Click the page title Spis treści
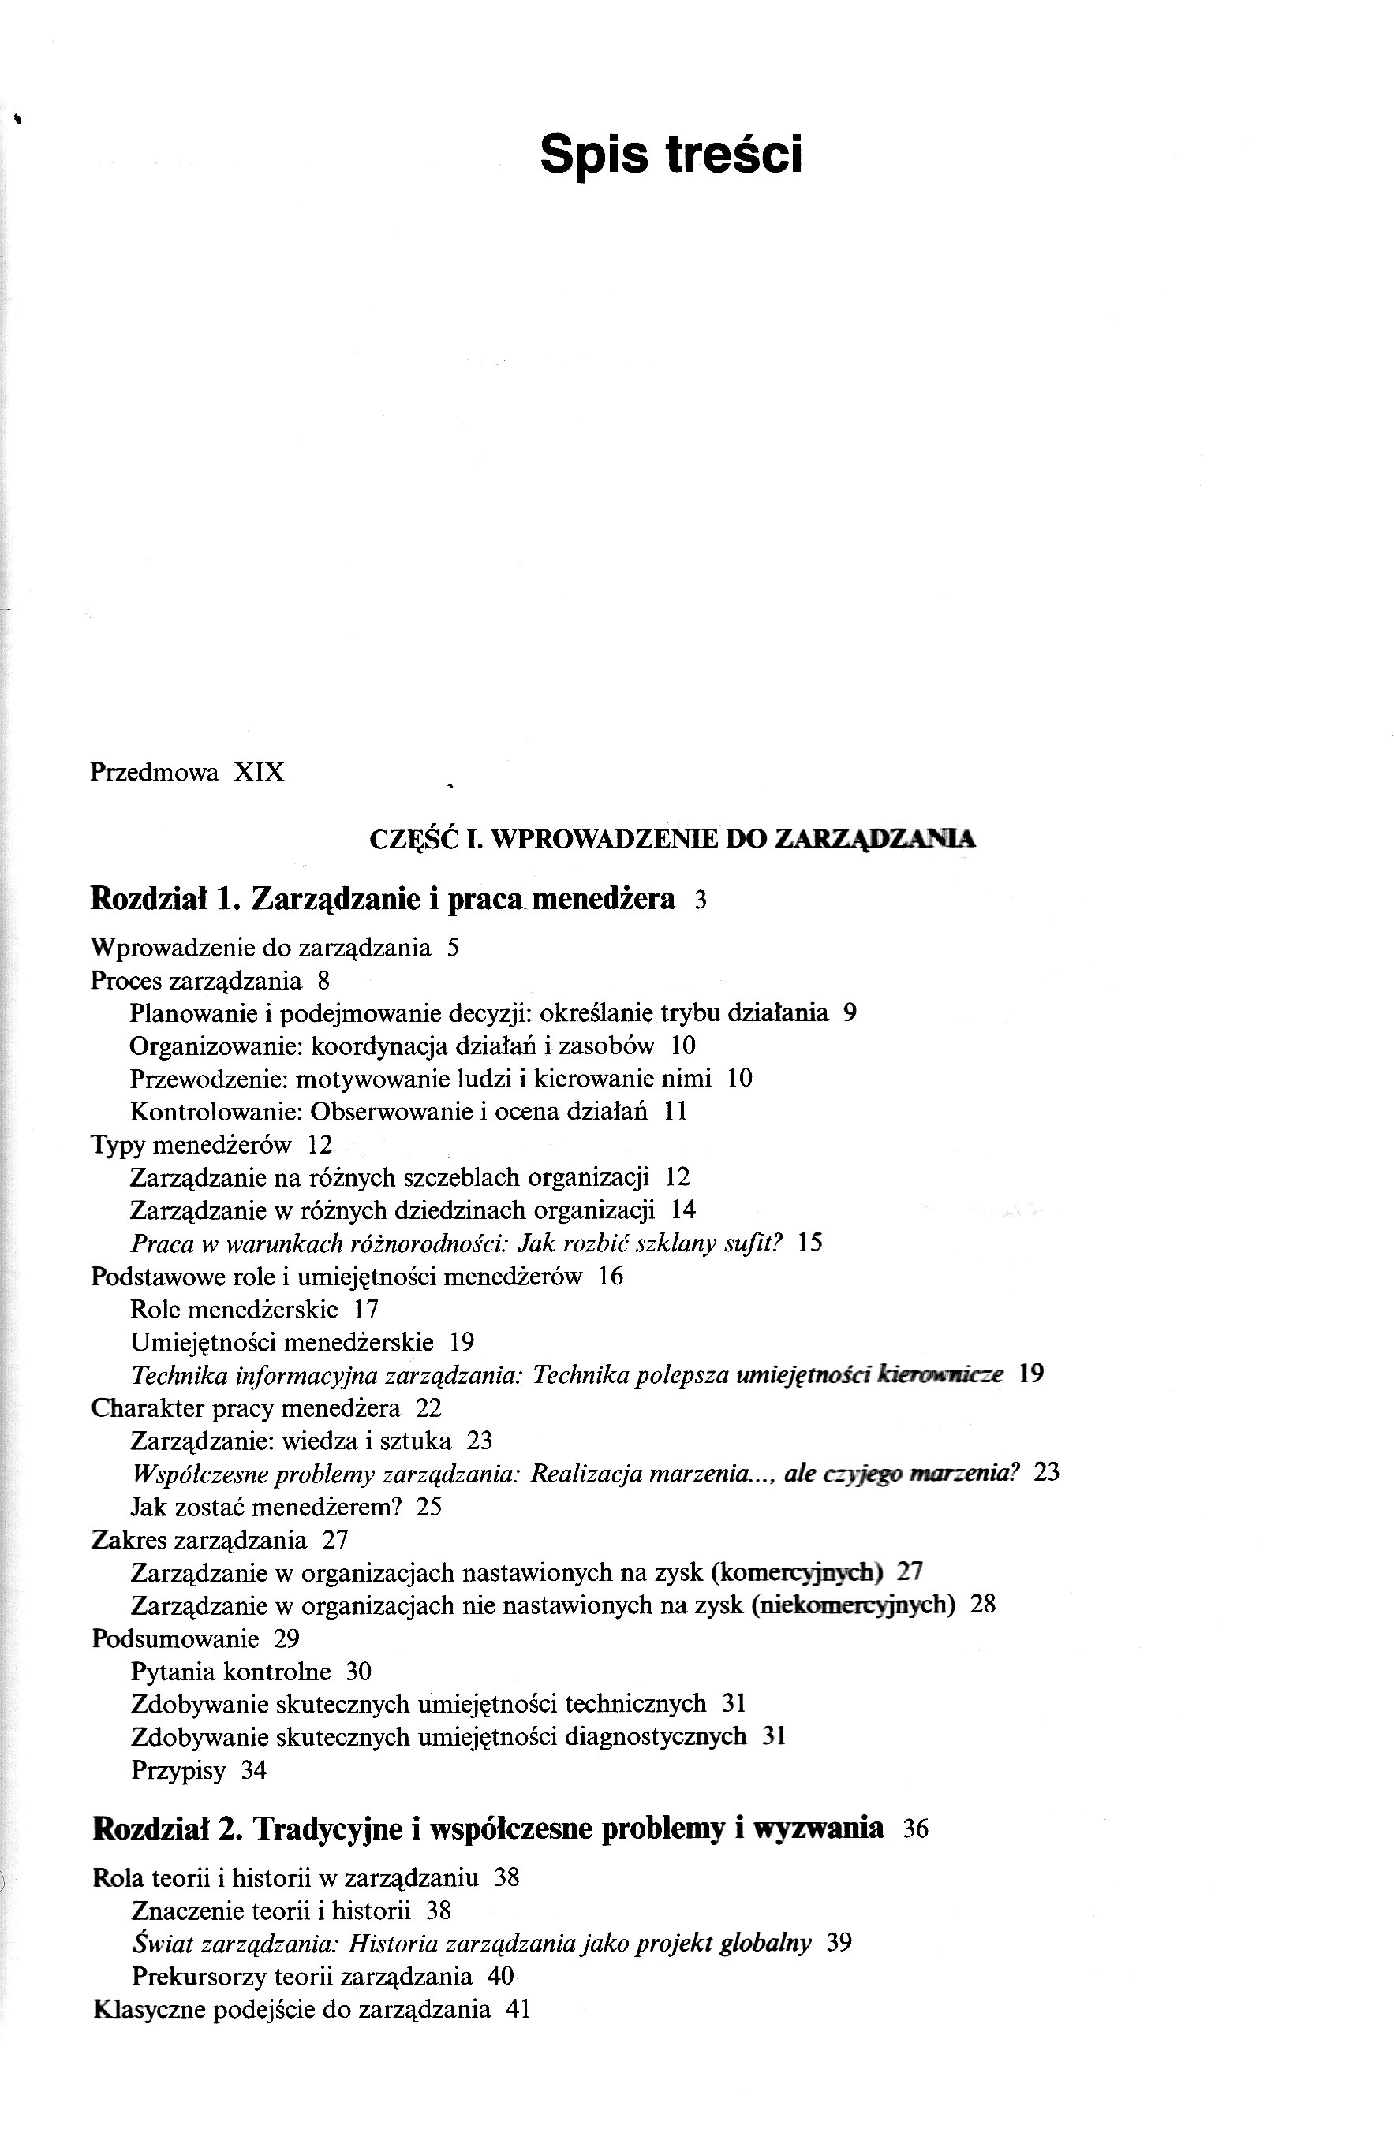(670, 155)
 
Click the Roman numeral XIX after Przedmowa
(259, 773)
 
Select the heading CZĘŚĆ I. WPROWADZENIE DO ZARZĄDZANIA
(673, 839)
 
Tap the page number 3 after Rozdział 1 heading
(700, 901)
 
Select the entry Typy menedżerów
(191, 1145)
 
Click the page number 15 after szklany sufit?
(810, 1243)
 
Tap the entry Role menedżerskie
(234, 1310)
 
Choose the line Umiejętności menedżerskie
(281, 1342)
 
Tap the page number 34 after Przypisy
(254, 1769)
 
